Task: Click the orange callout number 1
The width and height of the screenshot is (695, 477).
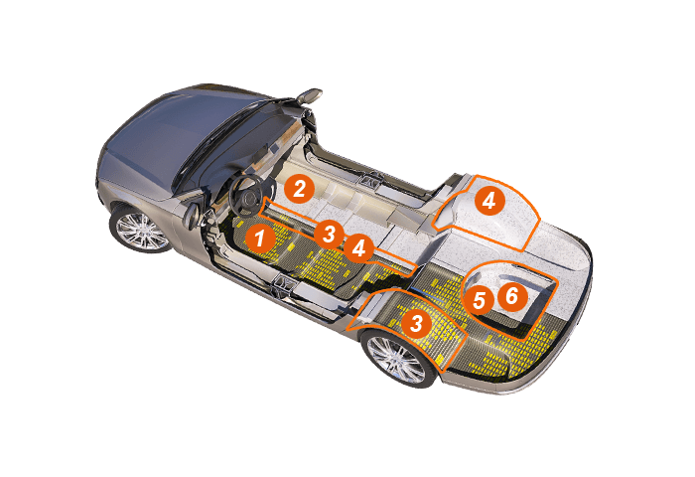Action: pyautogui.click(x=260, y=238)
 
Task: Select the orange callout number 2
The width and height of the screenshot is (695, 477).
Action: pyautogui.click(x=299, y=189)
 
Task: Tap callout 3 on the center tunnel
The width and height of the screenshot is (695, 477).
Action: pyautogui.click(x=329, y=234)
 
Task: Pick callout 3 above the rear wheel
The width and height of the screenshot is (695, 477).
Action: pyautogui.click(x=416, y=323)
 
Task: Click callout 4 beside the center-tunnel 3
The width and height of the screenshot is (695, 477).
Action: pyautogui.click(x=359, y=248)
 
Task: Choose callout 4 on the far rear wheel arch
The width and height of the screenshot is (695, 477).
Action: pyautogui.click(x=489, y=201)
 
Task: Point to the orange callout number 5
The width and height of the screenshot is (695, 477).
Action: pyautogui.click(x=479, y=300)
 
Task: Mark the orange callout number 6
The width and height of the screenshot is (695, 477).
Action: pyautogui.click(x=512, y=295)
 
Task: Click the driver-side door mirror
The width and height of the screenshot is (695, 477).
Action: pyautogui.click(x=192, y=216)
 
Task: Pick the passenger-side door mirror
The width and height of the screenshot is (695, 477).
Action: pyautogui.click(x=309, y=95)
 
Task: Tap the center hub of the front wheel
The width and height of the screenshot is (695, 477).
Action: pyautogui.click(x=142, y=232)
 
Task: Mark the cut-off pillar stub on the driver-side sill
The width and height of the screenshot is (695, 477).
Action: pyautogui.click(x=282, y=286)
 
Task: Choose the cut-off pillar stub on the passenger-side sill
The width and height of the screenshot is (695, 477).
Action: pyautogui.click(x=372, y=178)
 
